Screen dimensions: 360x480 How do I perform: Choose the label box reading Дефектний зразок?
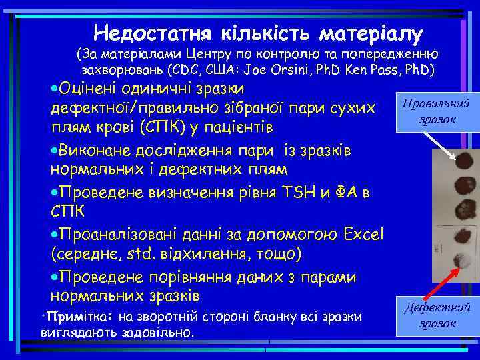click(437, 315)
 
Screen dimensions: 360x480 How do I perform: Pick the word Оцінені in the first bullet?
click(90, 89)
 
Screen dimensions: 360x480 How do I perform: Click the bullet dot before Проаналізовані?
click(55, 235)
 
